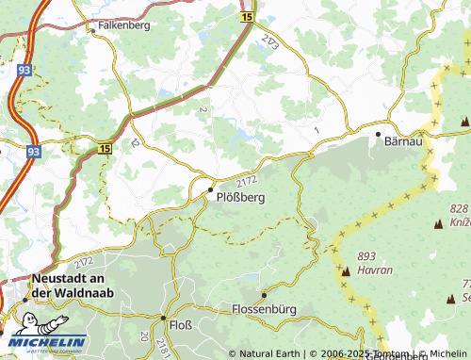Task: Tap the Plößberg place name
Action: [242, 198]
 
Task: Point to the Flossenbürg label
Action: [264, 308]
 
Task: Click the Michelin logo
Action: [44, 341]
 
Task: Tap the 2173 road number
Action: [271, 42]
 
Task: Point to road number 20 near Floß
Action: [143, 336]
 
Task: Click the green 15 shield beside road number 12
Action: [104, 148]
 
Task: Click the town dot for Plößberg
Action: [210, 189]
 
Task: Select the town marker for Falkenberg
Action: [93, 30]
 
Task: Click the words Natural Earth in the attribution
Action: [271, 354]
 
